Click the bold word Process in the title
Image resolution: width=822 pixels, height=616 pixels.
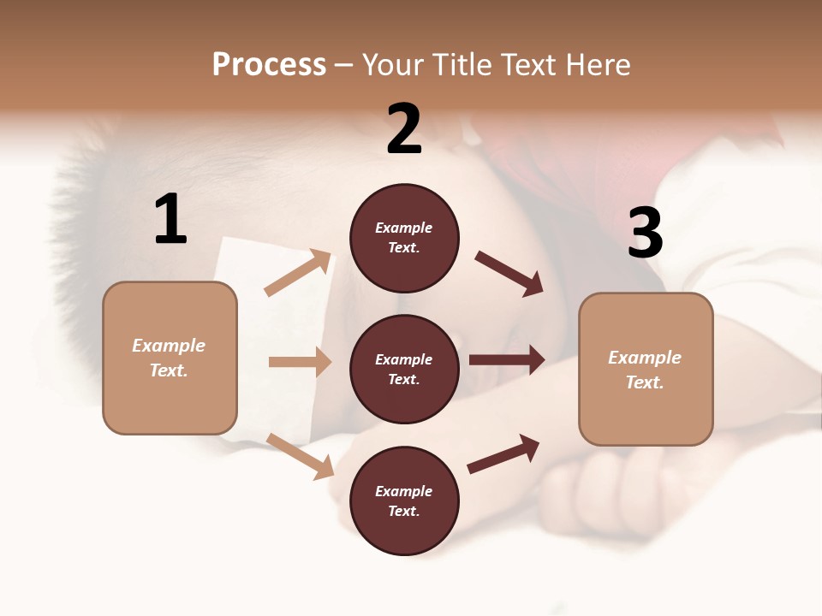coord(269,65)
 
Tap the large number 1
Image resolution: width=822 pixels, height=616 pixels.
coord(170,220)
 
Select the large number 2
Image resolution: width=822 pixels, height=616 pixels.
coord(404,129)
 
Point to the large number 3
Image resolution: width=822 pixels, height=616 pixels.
coord(645,233)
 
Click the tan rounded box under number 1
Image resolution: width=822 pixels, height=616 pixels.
coord(170,358)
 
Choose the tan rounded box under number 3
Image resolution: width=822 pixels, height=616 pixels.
coord(646,370)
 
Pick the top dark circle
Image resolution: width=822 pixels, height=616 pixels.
coord(404,238)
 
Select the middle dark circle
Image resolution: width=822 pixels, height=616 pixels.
coord(404,370)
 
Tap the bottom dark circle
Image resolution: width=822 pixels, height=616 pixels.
coord(404,501)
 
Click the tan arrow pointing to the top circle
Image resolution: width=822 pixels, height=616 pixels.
coord(298,273)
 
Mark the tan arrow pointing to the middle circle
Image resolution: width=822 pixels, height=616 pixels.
coord(300,362)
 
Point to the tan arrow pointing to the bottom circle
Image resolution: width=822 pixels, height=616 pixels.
coord(300,456)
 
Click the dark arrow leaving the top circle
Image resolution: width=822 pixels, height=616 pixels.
coord(509,273)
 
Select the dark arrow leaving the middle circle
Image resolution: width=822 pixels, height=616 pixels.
coord(507,360)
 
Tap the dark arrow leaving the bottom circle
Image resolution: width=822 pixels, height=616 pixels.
coord(503,453)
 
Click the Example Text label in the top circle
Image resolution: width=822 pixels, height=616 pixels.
coord(404,238)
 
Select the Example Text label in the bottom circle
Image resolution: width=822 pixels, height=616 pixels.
coord(404,501)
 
